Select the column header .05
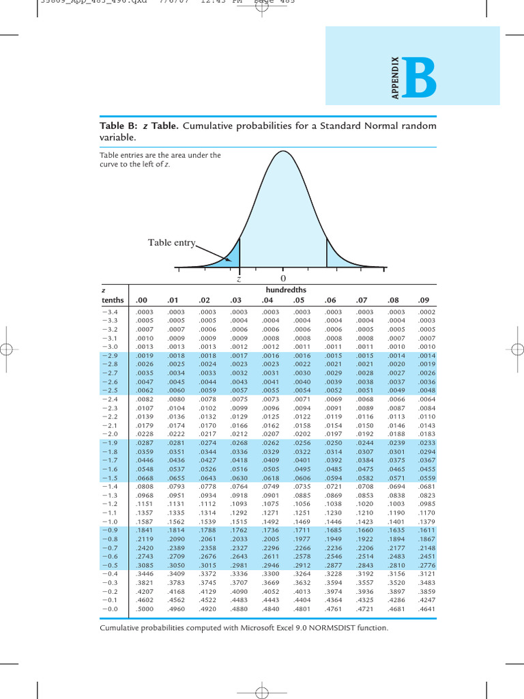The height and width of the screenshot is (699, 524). tap(298, 300)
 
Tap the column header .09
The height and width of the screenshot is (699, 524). tap(424, 300)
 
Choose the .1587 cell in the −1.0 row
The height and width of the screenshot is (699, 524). tap(145, 522)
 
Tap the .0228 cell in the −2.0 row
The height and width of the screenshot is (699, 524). tap(145, 434)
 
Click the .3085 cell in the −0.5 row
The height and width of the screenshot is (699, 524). tap(145, 566)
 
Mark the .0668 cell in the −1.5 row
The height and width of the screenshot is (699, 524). tap(145, 478)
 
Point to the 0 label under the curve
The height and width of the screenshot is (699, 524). tap(282, 279)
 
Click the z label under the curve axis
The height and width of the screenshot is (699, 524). tap(239, 279)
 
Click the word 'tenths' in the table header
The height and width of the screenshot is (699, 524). tap(113, 300)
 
